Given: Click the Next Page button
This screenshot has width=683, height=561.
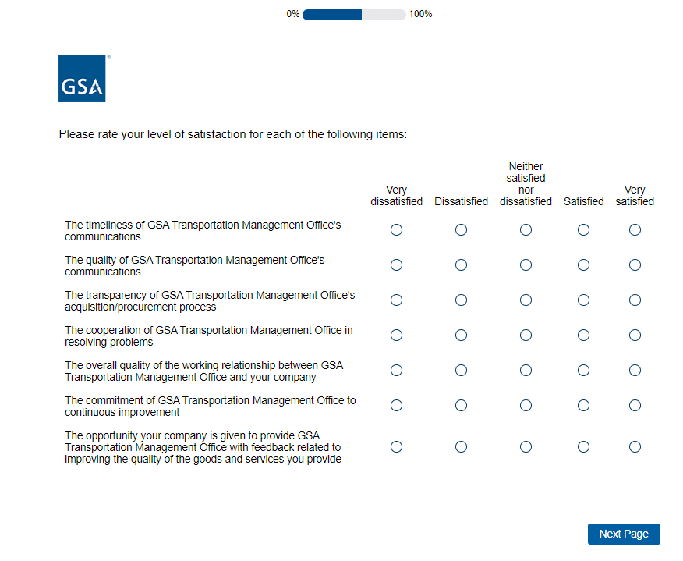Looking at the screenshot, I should click(623, 534).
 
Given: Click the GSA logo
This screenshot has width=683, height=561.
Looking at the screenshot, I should click(82, 79).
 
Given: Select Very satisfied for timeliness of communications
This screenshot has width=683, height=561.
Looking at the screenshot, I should click(635, 230).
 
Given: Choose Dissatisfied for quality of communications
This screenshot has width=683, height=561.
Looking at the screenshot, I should click(461, 265).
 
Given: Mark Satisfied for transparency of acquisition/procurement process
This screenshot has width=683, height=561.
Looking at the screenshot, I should click(583, 300).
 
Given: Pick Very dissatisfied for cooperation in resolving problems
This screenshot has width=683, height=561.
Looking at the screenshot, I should click(396, 336).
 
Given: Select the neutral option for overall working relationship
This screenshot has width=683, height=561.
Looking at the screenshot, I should click(526, 371).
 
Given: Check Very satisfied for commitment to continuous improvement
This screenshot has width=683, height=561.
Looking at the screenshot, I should click(635, 406).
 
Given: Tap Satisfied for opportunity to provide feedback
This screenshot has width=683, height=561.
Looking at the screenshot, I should click(583, 447).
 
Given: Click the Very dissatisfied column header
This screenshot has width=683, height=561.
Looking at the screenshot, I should click(396, 196).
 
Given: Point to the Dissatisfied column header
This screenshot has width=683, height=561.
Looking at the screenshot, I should click(461, 201).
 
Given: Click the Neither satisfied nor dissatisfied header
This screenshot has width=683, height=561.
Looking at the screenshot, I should click(526, 184).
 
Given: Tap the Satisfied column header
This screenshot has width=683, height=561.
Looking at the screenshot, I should click(583, 201).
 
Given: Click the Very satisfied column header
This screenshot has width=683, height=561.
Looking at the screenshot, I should click(635, 196).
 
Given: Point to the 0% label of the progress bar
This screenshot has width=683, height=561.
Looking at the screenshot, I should click(293, 14).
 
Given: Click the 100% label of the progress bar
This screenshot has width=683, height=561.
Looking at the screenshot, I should click(420, 14).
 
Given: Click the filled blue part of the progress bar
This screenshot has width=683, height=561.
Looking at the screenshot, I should click(332, 14).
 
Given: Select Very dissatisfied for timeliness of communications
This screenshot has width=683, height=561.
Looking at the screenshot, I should click(396, 230).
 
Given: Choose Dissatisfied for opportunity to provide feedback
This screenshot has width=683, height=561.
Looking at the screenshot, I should click(461, 447).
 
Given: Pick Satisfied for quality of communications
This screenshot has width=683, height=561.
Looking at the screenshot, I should click(583, 265).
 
